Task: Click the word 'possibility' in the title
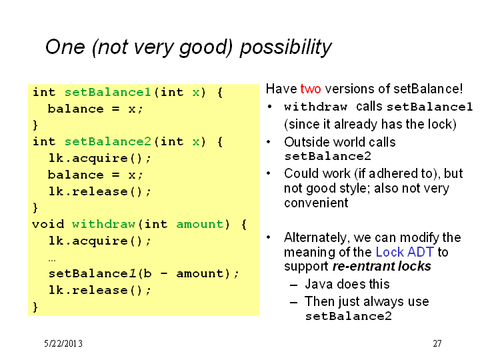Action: (x=285, y=47)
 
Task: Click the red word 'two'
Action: (x=311, y=89)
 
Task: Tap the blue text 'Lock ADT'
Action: (x=405, y=252)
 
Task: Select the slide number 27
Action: (x=437, y=343)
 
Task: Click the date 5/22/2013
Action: (x=63, y=343)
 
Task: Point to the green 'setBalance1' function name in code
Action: (x=108, y=92)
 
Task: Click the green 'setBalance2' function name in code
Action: (x=108, y=141)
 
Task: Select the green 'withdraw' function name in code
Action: (x=103, y=224)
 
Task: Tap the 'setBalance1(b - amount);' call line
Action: (x=143, y=273)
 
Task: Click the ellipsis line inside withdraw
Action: (x=52, y=260)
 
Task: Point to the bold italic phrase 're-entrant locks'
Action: (x=382, y=266)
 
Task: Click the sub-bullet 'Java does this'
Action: (x=347, y=284)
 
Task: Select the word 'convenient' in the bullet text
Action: (x=316, y=203)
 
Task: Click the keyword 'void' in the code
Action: (x=48, y=224)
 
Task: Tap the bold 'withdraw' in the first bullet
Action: (x=315, y=107)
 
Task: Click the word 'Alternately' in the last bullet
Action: (x=317, y=238)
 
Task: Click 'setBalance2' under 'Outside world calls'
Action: (x=327, y=157)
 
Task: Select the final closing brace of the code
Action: (x=35, y=307)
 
